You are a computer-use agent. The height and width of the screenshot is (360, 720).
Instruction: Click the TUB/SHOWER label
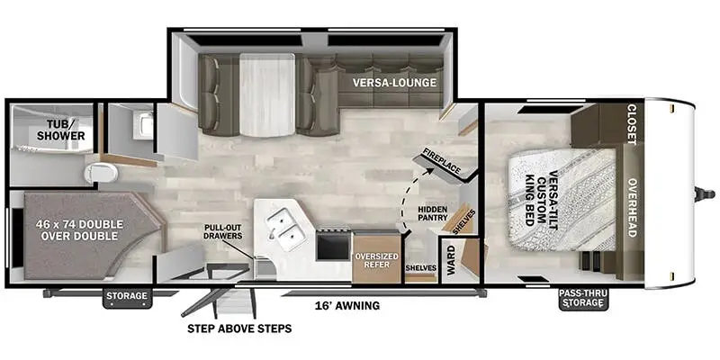(x=61, y=129)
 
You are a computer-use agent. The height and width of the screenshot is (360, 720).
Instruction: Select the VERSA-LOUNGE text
(x=394, y=83)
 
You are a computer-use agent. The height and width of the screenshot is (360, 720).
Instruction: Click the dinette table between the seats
(x=266, y=94)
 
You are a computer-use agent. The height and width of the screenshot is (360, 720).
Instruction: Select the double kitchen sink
(x=285, y=229)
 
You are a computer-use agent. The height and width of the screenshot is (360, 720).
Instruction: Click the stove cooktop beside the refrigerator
(x=333, y=244)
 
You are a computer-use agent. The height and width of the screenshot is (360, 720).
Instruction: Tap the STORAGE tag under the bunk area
(x=125, y=296)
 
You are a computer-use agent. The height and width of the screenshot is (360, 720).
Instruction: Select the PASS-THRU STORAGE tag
(x=583, y=298)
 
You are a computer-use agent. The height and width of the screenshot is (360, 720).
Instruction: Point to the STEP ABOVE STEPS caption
(x=238, y=328)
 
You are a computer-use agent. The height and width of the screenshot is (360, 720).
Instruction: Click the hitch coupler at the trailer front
(x=704, y=193)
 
